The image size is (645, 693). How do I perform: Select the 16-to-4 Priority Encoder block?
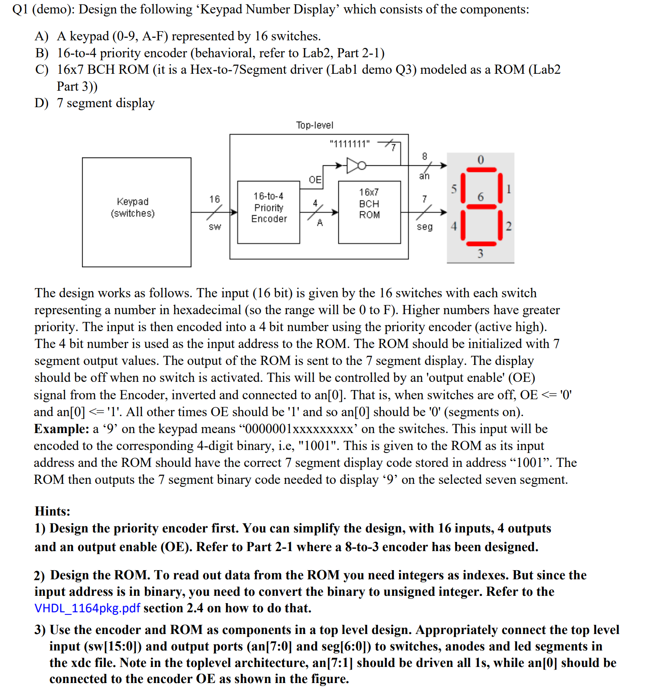pyautogui.click(x=268, y=212)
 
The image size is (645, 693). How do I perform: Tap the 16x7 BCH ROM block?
pyautogui.click(x=369, y=212)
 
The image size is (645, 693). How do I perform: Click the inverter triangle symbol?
pyautogui.click(x=353, y=165)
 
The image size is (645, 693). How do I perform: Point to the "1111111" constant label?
pyautogui.click(x=350, y=144)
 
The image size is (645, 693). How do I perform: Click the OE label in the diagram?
pyautogui.click(x=315, y=180)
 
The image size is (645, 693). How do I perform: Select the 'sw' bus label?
pyautogui.click(x=215, y=227)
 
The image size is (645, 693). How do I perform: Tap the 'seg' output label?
pyautogui.click(x=425, y=227)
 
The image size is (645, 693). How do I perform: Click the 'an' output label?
pyautogui.click(x=424, y=176)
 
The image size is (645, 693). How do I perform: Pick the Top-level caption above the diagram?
pyautogui.click(x=314, y=125)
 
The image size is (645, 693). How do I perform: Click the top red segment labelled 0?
pyautogui.click(x=481, y=170)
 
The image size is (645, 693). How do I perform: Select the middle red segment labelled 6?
pyautogui.click(x=481, y=207)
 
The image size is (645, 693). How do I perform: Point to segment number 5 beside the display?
pyautogui.click(x=454, y=189)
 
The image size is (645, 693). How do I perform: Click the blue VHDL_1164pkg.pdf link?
pyautogui.click(x=87, y=608)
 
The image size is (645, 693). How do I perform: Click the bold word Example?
pyautogui.click(x=62, y=429)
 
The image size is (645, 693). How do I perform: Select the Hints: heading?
pyautogui.click(x=52, y=511)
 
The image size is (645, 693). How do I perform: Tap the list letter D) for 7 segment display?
pyautogui.click(x=42, y=103)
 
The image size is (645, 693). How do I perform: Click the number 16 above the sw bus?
pyautogui.click(x=215, y=199)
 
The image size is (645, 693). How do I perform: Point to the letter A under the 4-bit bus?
pyautogui.click(x=320, y=223)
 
